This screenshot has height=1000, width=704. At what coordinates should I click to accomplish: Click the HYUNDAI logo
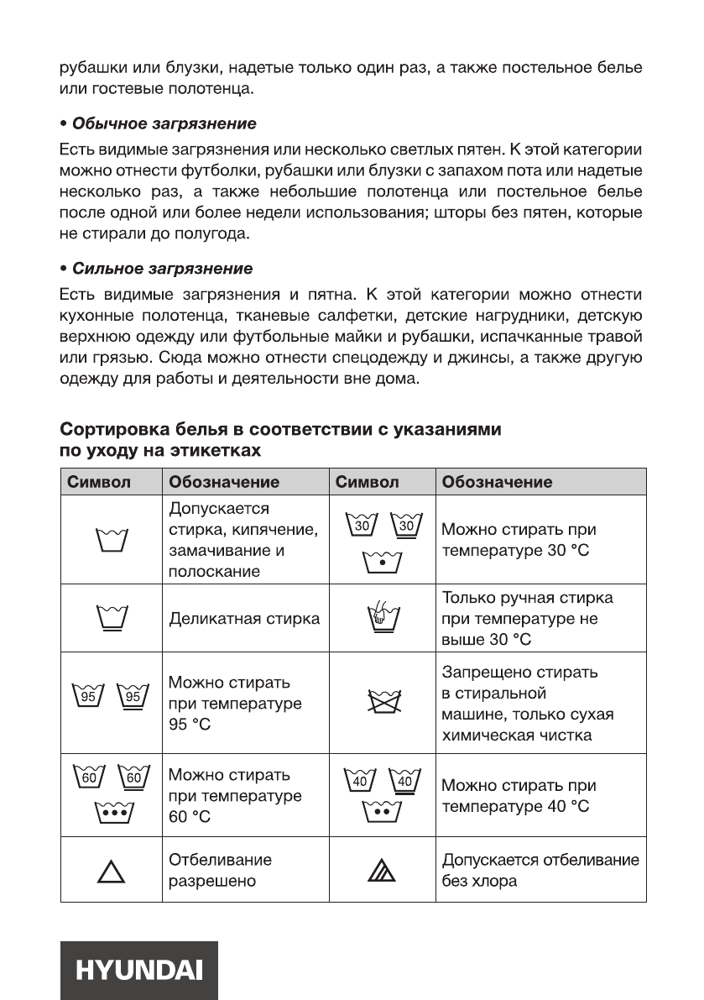(x=139, y=970)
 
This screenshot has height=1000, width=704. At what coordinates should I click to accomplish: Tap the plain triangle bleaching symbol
(x=111, y=873)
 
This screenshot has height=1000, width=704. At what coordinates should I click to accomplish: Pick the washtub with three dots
(x=112, y=813)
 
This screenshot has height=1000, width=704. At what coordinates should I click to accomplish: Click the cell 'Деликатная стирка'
(x=244, y=620)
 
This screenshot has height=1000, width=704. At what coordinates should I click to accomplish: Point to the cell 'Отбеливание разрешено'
(x=221, y=872)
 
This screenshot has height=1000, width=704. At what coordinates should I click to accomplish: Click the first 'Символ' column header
(x=99, y=482)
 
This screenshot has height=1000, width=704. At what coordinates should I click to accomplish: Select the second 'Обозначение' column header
(x=497, y=482)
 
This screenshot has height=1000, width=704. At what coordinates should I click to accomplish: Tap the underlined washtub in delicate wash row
(x=112, y=620)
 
